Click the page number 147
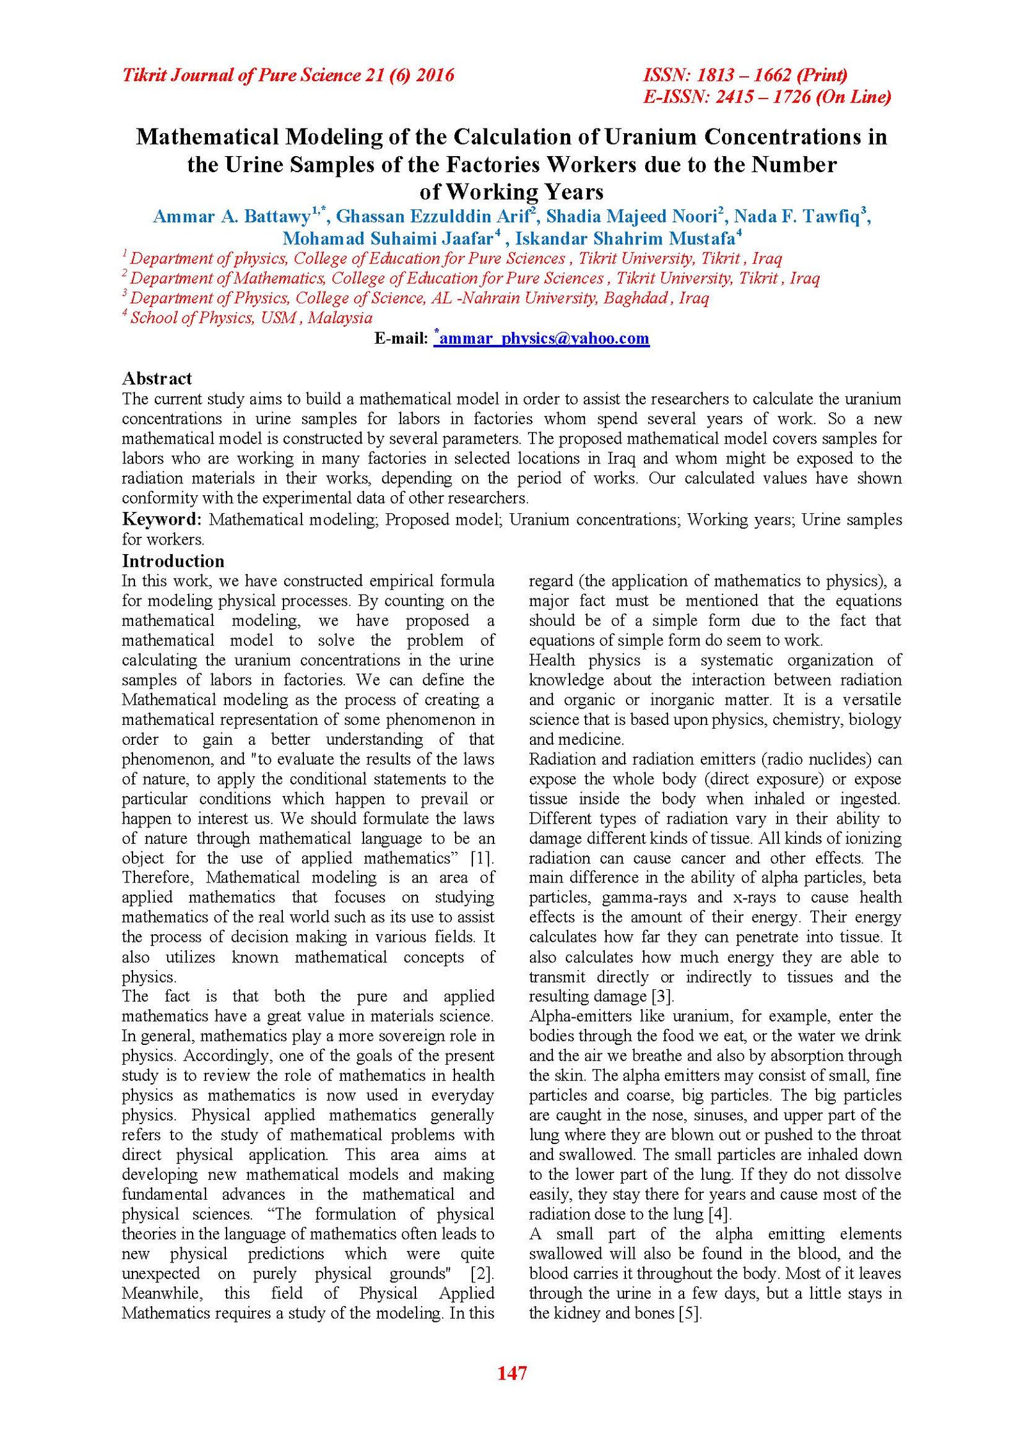tap(511, 1373)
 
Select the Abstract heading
tap(157, 378)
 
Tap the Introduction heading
tap(173, 561)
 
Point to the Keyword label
tap(161, 519)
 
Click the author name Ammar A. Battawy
tap(231, 216)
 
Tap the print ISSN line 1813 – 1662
tap(745, 76)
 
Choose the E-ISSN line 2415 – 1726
tap(767, 97)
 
